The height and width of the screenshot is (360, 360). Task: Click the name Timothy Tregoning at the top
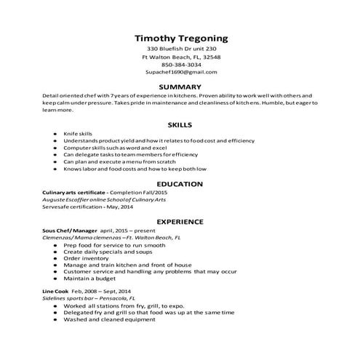click(x=181, y=38)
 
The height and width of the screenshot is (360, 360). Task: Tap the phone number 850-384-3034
click(x=181, y=65)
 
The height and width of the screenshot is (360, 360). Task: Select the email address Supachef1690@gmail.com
click(x=181, y=73)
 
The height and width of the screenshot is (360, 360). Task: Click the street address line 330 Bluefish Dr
click(x=181, y=49)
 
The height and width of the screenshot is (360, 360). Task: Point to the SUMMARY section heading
click(x=180, y=87)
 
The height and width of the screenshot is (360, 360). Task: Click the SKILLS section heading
click(x=180, y=124)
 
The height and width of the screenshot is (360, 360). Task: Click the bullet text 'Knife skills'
click(x=78, y=135)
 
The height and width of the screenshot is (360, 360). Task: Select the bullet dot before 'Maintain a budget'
click(x=55, y=279)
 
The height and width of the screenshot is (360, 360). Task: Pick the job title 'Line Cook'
click(x=57, y=291)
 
